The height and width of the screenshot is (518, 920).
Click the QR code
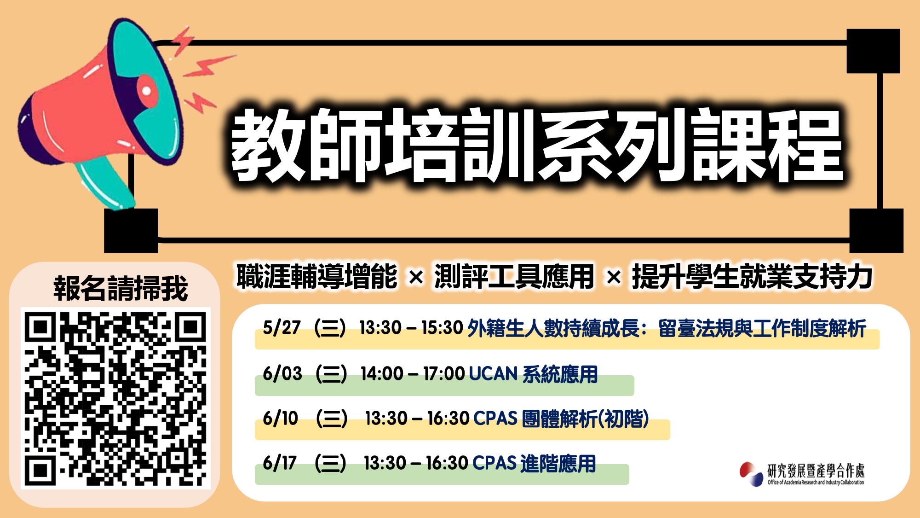[115, 398]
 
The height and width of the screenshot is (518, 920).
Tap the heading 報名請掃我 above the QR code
[121, 289]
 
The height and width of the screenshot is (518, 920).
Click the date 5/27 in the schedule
[282, 328]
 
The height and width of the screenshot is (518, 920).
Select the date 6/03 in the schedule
[282, 373]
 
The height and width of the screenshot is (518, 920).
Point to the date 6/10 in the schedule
[281, 419]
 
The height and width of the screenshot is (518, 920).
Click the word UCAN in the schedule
[493, 374]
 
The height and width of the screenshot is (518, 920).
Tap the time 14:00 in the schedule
[382, 374]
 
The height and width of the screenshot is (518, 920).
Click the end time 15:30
[442, 328]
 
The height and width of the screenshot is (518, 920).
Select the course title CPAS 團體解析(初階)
[561, 419]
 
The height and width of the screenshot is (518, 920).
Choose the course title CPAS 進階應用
[534, 463]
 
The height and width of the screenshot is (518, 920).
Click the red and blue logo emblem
[751, 474]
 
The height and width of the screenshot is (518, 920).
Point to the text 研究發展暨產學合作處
[816, 471]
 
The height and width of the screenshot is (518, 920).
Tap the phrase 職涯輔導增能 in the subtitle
[317, 277]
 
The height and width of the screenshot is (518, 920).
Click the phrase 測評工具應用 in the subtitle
[514, 277]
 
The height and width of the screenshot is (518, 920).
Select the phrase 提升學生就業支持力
[753, 277]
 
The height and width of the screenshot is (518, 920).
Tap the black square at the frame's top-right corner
[873, 51]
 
